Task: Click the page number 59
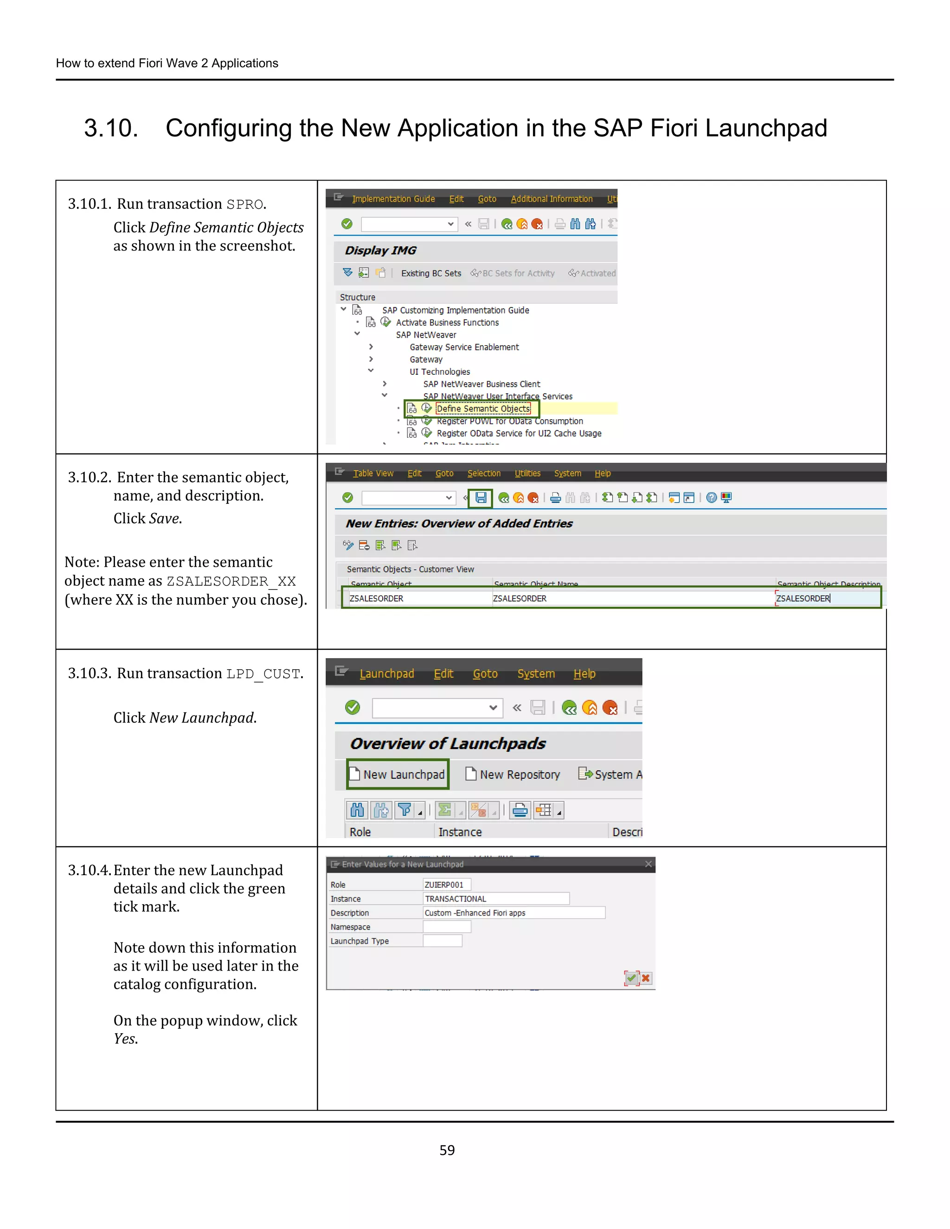447,1150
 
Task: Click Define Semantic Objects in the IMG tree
483,409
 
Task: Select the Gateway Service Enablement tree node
464,347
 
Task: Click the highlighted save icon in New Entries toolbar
481,498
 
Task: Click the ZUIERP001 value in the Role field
443,884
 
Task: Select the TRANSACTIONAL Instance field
495,899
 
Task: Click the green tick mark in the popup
631,978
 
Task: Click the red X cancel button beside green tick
646,978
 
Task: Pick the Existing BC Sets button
430,274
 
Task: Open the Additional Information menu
551,198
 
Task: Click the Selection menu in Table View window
483,473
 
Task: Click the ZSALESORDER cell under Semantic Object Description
828,598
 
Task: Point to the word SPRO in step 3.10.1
245,204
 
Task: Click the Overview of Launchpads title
448,743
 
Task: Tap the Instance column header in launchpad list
460,832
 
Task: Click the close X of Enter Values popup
648,864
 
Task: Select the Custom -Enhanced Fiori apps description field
514,913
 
